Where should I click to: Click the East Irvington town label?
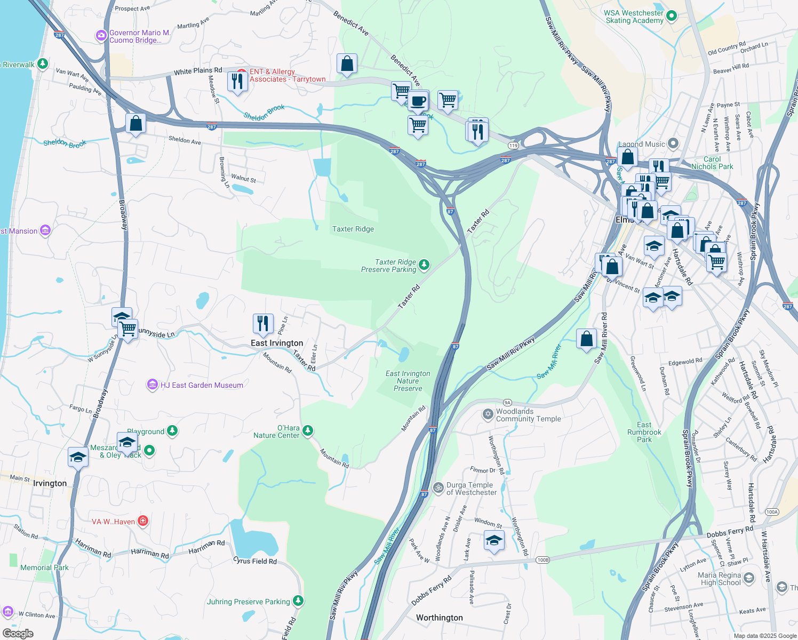tap(277, 343)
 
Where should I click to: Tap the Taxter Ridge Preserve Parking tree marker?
tap(424, 265)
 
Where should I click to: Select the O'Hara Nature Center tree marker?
tap(308, 430)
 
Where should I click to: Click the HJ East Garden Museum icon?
tap(153, 385)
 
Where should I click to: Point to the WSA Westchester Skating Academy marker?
tap(672, 16)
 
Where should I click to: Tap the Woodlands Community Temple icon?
tap(488, 414)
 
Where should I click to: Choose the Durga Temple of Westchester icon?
tap(438, 487)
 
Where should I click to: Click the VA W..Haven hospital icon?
tap(142, 521)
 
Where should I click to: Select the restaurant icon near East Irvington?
tap(262, 324)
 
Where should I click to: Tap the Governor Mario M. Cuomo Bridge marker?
tap(101, 36)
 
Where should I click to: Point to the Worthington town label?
tap(440, 618)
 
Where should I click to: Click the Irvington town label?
tap(50, 483)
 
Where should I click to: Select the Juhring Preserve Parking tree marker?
tap(298, 601)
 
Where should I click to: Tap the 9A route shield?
tap(507, 403)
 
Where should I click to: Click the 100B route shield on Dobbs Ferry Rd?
tap(542, 559)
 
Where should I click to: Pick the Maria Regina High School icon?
tap(749, 578)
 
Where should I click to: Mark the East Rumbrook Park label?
tap(644, 432)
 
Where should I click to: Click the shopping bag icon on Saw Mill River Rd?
tap(586, 339)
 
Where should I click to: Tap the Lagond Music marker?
tap(673, 143)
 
